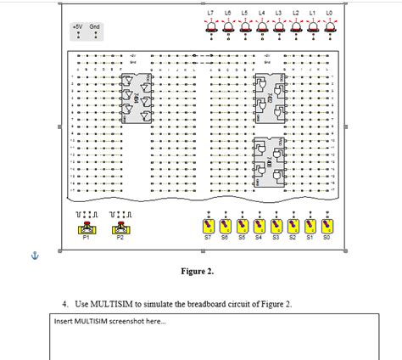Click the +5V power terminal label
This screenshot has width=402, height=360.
pos(77,26)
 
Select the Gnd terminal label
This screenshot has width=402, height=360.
pos(94,26)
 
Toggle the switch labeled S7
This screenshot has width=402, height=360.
pos(208,227)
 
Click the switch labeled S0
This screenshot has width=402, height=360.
pos(327,227)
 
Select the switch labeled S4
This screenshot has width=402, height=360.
pos(259,227)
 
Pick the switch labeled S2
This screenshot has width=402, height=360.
pos(293,227)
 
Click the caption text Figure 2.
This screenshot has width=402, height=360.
pos(197,272)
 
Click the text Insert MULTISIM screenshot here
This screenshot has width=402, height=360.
pos(98,321)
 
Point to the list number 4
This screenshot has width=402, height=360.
pos(64,303)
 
